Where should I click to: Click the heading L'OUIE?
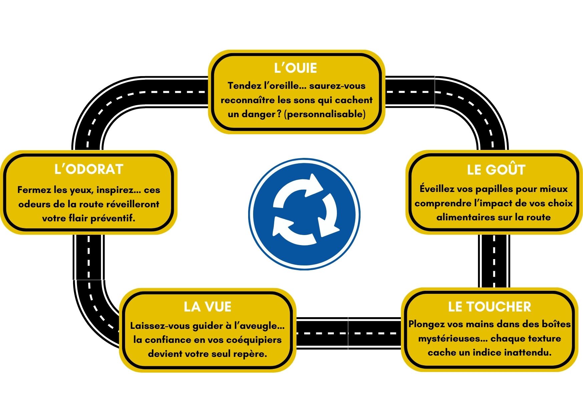tap(296, 68)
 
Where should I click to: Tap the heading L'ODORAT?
tap(89, 169)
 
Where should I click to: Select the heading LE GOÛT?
tap(496, 170)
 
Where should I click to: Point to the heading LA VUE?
tap(207, 307)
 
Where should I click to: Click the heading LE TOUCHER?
tap(489, 307)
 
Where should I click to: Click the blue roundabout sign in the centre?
tap(304, 214)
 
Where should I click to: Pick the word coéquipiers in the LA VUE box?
tap(254, 340)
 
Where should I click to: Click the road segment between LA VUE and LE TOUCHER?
tap(348, 333)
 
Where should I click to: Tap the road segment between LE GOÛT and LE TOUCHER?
tap(494, 261)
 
